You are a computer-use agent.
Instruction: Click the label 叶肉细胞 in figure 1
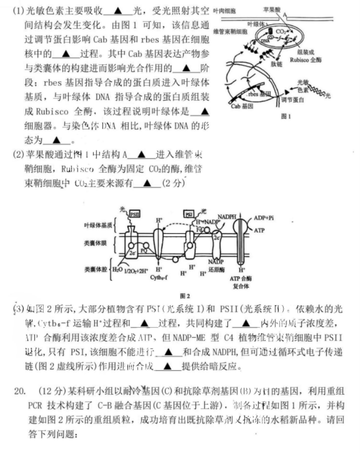[224, 10]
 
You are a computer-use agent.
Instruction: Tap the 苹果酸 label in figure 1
[272, 9]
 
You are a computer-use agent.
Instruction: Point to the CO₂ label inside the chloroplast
[281, 32]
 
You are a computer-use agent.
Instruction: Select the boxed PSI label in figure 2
[190, 213]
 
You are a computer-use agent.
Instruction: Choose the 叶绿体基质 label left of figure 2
[98, 225]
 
